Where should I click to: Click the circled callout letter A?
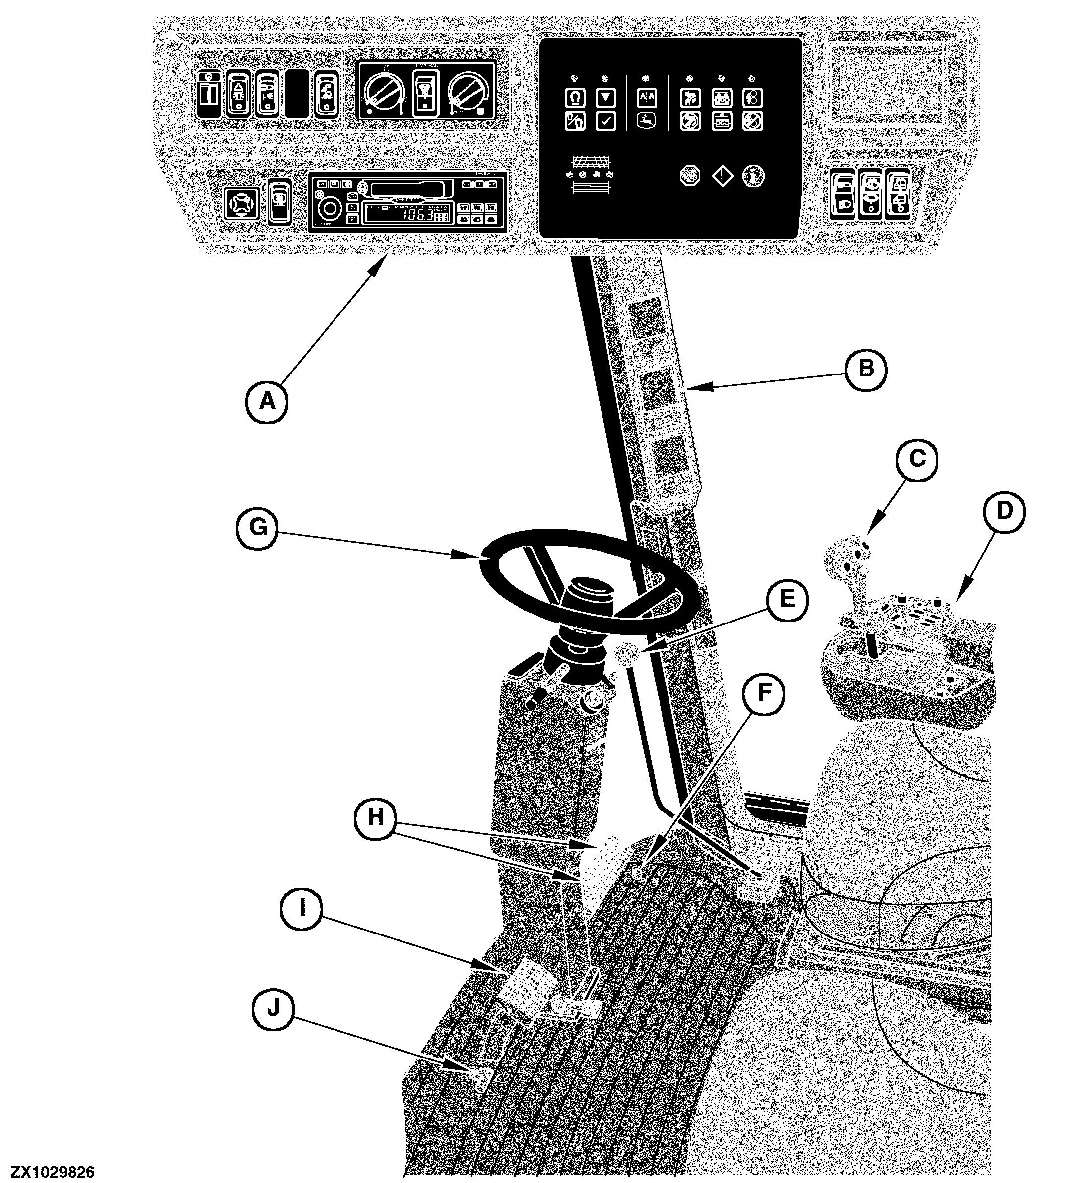267,401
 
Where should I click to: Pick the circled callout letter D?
1004,511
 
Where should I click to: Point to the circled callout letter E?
787,599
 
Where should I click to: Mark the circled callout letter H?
376,817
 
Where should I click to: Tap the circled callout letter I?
302,908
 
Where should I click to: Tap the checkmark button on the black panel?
605,122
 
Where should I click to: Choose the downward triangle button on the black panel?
605,97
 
